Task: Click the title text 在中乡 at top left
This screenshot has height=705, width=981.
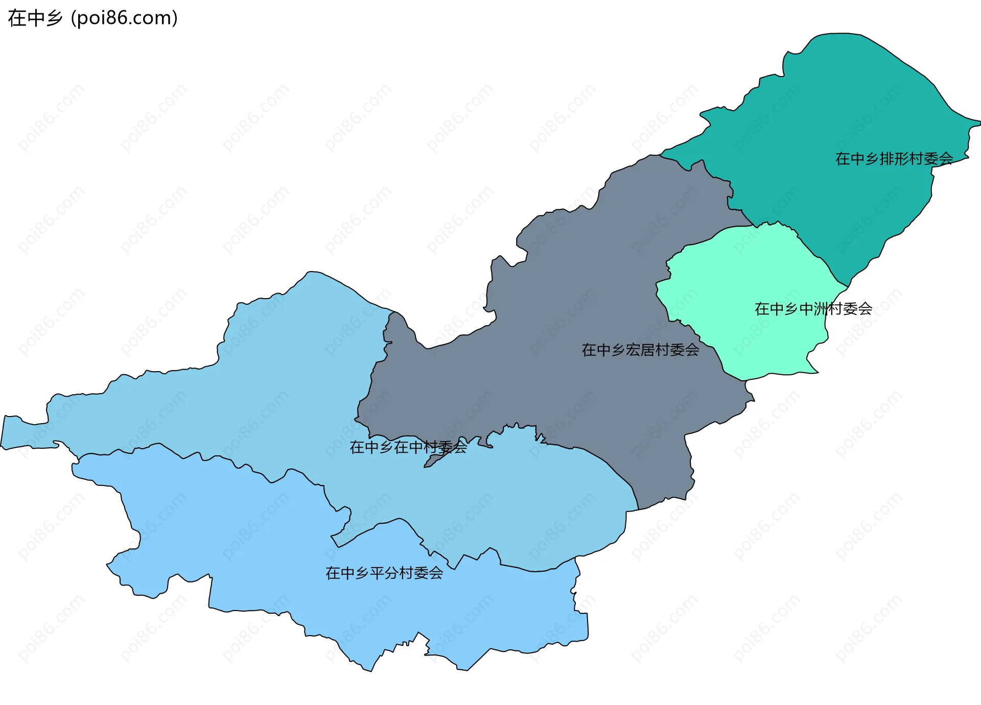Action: point(35,18)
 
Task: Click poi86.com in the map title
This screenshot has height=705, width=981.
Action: point(124,18)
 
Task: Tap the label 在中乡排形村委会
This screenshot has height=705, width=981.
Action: point(894,159)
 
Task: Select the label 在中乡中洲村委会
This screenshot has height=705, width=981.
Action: point(813,309)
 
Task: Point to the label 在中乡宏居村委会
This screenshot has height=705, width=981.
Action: point(640,350)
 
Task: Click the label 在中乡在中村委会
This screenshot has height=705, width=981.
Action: point(408,447)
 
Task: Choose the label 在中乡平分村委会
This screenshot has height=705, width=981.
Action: point(384,573)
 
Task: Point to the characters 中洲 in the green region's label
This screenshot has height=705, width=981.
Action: point(813,309)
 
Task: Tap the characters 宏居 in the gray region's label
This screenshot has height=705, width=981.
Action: point(640,350)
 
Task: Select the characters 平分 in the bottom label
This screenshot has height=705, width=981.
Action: point(384,573)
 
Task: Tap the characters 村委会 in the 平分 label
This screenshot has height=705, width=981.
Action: point(421,573)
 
